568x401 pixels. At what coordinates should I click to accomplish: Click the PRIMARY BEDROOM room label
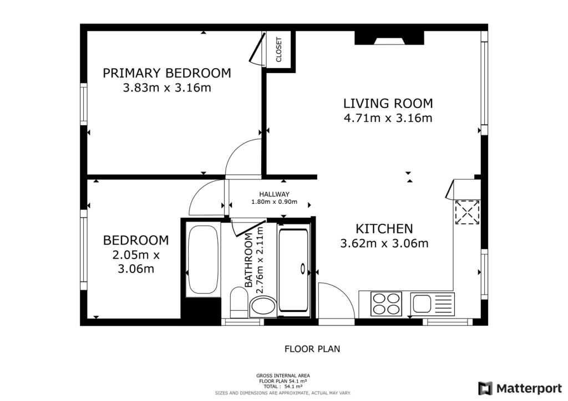(x=167, y=73)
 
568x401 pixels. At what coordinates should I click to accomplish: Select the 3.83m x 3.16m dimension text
(x=167, y=88)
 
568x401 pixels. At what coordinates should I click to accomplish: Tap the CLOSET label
(x=278, y=49)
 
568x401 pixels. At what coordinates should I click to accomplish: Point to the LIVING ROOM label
(x=388, y=103)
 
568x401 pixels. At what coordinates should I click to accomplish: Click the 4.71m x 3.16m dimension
(x=388, y=117)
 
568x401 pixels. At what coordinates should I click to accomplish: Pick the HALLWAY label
(x=274, y=194)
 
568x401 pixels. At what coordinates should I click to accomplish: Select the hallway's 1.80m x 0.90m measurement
(x=274, y=202)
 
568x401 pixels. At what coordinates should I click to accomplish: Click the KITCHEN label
(x=384, y=228)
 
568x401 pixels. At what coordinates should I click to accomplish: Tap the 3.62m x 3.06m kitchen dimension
(x=384, y=243)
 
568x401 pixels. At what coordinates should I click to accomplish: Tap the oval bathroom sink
(x=262, y=306)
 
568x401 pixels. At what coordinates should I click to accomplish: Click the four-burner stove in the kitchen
(x=386, y=303)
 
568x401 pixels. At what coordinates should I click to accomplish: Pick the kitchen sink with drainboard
(x=433, y=303)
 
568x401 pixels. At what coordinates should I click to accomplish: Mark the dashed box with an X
(x=467, y=212)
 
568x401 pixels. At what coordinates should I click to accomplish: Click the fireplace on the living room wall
(x=390, y=38)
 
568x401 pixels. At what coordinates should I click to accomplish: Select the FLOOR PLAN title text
(x=312, y=349)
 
